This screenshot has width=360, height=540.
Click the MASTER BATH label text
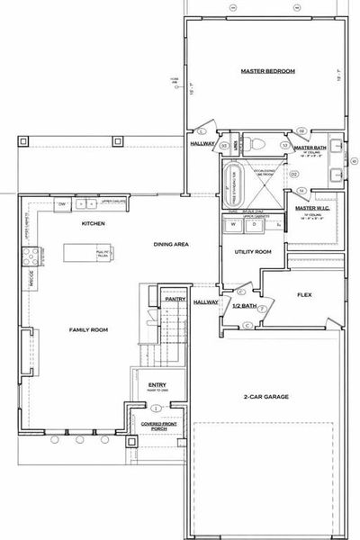309,148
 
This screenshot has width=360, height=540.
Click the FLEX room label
304,294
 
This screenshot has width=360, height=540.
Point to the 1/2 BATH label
244,307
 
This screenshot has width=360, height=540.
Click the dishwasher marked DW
62,204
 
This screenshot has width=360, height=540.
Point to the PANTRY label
175,299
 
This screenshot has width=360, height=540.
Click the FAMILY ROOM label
88,330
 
